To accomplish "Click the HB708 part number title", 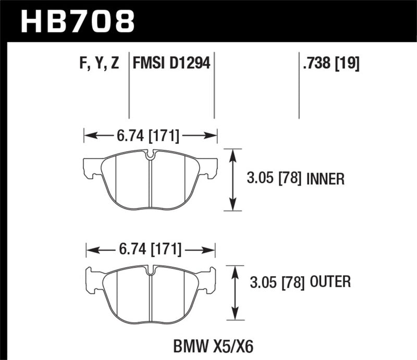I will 77,21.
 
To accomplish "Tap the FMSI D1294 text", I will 171,64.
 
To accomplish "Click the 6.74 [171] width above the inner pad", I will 150,136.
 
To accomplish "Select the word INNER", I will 326,180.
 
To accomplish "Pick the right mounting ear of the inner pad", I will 210,168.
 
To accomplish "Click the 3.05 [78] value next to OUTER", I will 275,283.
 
